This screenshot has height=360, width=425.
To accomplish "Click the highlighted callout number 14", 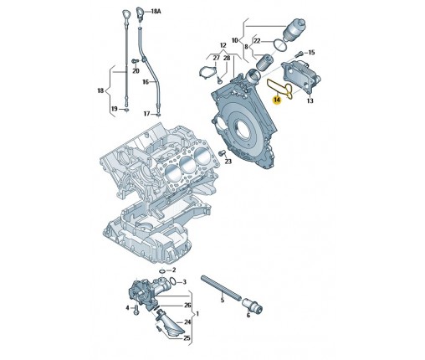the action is (277, 100).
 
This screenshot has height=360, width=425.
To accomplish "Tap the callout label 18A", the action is (156, 11).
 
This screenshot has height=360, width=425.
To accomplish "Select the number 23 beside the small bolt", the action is (228, 162).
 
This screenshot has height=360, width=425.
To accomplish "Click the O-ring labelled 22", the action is (280, 45).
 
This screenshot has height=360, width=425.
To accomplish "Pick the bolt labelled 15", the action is (299, 54).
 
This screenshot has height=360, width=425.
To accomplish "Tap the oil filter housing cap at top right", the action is (294, 28).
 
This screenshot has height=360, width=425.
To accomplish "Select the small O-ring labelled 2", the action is (161, 270).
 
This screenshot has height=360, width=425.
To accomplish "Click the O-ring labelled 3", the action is (173, 280).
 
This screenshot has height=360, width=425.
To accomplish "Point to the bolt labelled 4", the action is (136, 309).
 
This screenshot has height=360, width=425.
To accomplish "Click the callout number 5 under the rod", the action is (223, 301).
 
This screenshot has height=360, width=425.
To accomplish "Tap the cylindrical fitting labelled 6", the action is (253, 305).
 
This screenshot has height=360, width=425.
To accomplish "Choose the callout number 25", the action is (187, 338).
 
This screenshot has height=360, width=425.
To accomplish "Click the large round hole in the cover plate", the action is (240, 126).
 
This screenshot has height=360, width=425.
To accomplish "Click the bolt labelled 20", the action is (135, 60).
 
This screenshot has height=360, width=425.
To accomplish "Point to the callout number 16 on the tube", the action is (146, 82).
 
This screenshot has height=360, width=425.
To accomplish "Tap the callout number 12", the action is (223, 45).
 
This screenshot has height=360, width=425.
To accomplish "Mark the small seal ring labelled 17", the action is (159, 115).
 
